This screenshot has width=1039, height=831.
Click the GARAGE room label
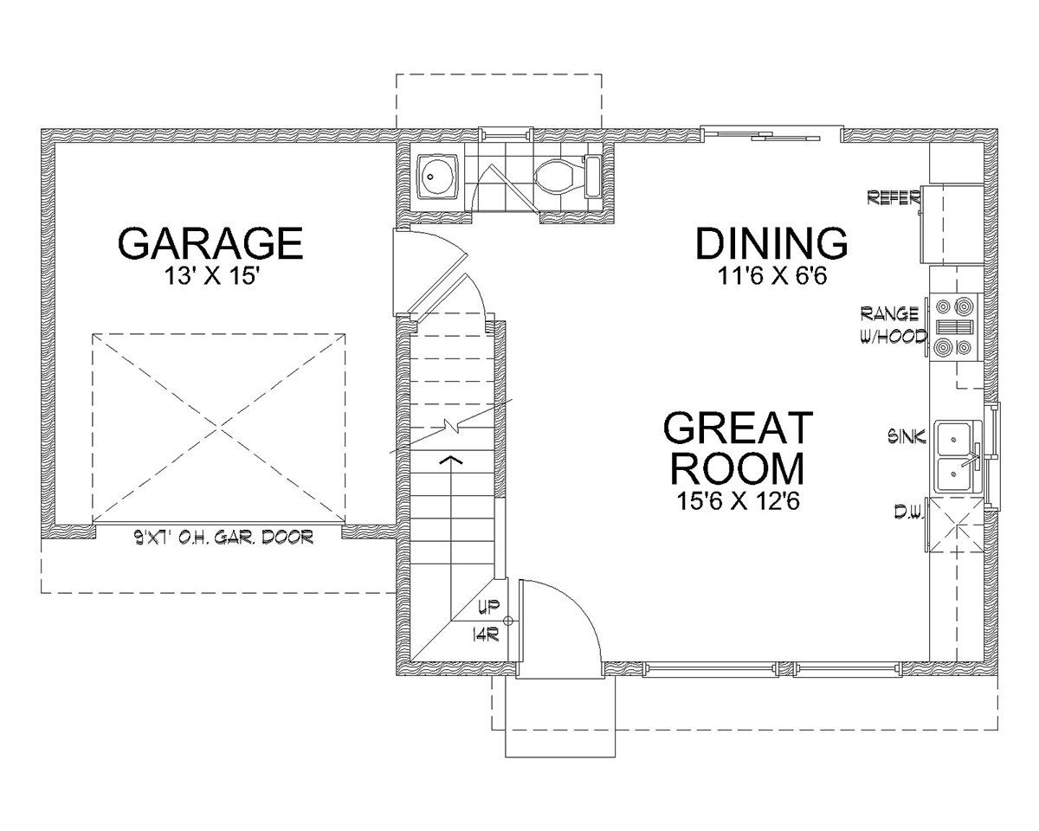point(210,243)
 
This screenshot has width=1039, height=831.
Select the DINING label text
point(771,243)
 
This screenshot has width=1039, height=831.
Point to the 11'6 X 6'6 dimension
point(772,277)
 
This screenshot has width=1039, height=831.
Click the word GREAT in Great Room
point(739,428)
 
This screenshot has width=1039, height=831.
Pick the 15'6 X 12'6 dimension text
point(739,501)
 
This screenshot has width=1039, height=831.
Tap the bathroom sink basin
point(437,177)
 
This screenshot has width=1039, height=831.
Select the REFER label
point(894,197)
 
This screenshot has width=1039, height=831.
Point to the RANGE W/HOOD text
point(894,325)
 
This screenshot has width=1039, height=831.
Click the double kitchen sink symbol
point(958,456)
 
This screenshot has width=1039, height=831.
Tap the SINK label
point(907,436)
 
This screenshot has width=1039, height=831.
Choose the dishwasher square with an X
point(957,525)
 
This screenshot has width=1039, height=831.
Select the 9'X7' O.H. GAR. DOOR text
point(223,537)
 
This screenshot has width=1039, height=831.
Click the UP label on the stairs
point(488,607)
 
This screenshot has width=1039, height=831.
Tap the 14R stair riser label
point(486,635)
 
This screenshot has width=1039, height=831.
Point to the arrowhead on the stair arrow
point(451,459)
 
